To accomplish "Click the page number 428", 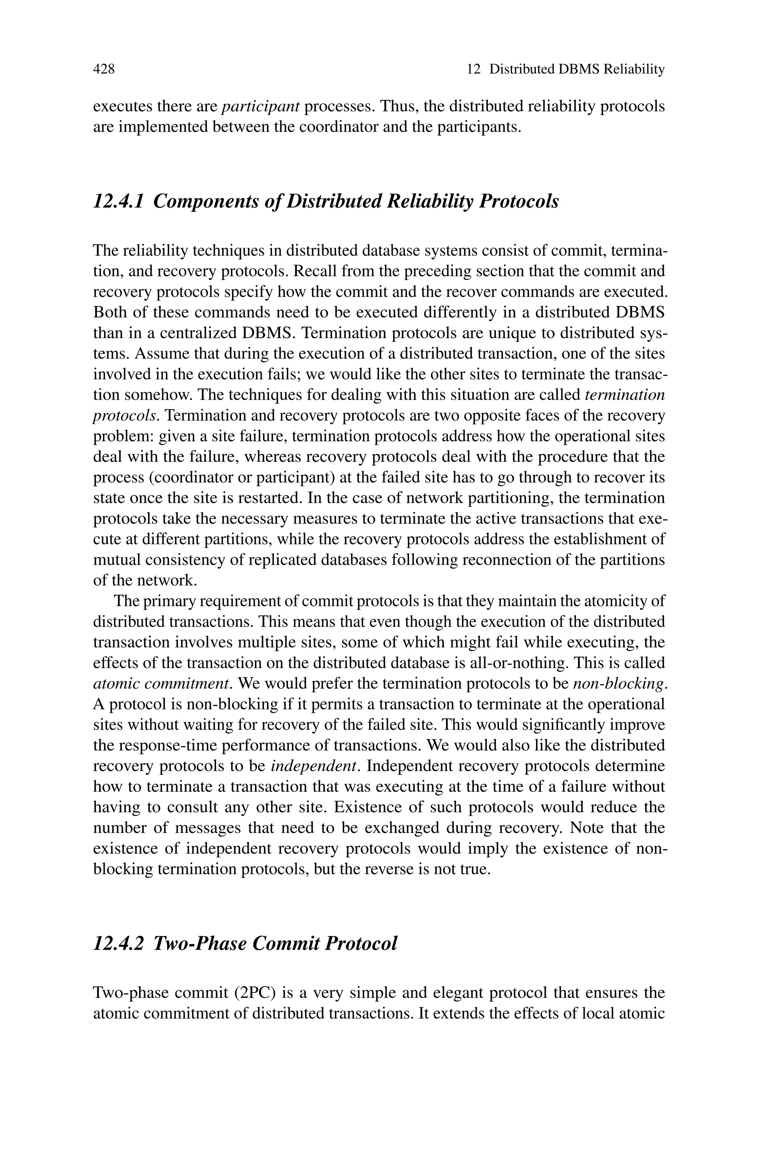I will click(104, 70).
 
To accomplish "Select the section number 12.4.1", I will click(118, 201).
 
